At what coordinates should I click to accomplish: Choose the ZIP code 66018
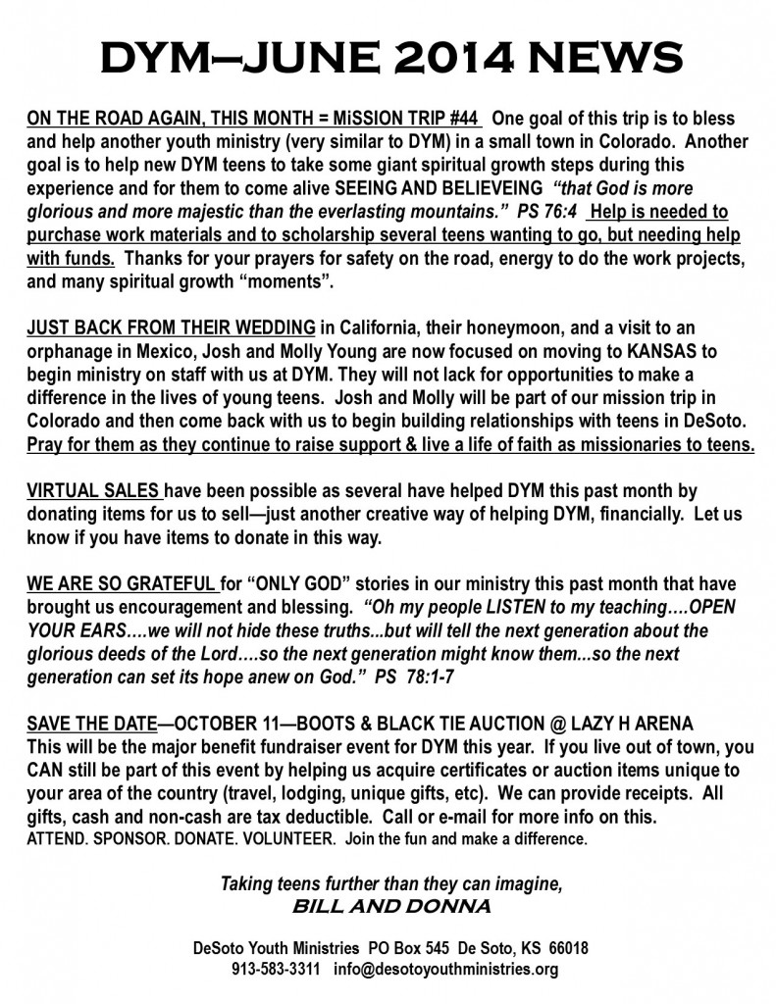565,950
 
